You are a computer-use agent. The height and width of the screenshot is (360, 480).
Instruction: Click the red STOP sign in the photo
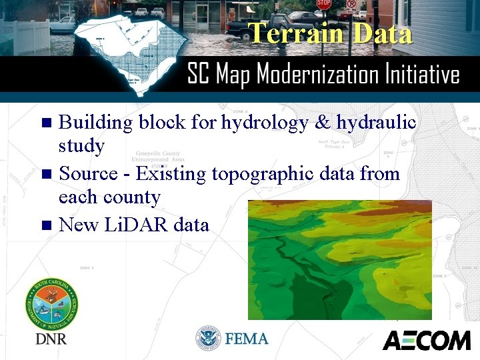(x=324, y=4)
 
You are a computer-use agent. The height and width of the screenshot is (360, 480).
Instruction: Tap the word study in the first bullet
(x=81, y=146)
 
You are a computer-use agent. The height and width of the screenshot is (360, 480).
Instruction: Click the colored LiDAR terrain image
(x=339, y=260)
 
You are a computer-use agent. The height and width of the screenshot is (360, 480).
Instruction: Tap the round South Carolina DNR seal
(x=51, y=303)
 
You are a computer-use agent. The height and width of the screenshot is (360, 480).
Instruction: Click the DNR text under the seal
(x=51, y=339)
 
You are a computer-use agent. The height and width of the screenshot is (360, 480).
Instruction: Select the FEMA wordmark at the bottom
(x=247, y=339)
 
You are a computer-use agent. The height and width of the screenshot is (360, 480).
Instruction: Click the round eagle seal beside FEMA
(x=208, y=339)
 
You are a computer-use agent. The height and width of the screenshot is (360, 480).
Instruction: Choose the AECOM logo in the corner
(x=426, y=340)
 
